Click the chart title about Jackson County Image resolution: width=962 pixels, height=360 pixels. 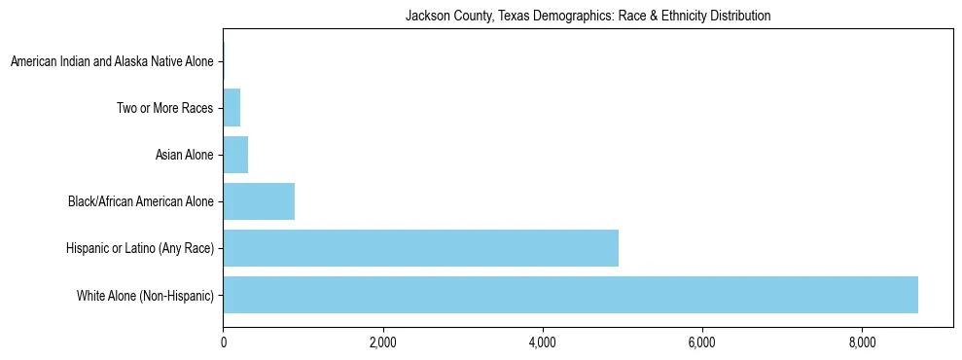[588, 16]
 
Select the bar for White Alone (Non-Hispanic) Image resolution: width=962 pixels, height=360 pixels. [570, 295]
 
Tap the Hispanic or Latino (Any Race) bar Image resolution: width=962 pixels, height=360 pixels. [420, 248]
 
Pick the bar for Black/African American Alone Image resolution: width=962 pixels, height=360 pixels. [259, 201]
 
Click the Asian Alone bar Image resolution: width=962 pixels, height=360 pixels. [235, 155]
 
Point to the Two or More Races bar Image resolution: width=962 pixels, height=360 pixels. [232, 107]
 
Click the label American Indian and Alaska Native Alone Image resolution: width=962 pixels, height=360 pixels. [112, 61]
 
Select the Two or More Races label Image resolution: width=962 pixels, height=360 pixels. [164, 108]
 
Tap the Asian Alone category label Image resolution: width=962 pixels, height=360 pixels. [184, 155]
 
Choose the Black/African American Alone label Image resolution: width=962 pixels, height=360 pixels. [140, 201]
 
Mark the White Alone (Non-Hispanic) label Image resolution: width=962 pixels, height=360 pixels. [145, 295]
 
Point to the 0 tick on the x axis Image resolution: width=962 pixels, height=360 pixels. [223, 342]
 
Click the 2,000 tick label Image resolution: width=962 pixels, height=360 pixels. [382, 342]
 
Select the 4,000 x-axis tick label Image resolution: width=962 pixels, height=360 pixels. [542, 342]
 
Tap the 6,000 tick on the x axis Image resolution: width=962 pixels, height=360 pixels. [701, 342]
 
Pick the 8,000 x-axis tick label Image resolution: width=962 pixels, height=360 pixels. [862, 342]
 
